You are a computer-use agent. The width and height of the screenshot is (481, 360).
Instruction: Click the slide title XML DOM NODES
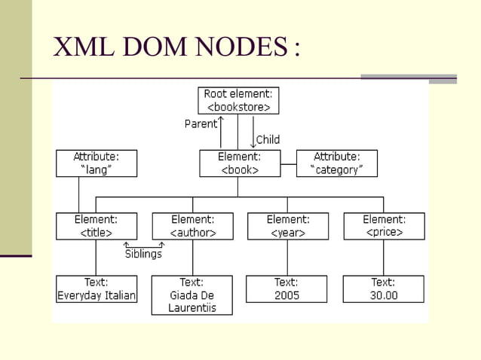pyautogui.click(x=176, y=47)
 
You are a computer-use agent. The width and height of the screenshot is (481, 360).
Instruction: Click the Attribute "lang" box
pyautogui.click(x=97, y=163)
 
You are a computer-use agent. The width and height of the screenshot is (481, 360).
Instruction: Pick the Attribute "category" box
pyautogui.click(x=336, y=163)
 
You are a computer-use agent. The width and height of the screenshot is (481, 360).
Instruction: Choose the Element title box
pyautogui.click(x=97, y=226)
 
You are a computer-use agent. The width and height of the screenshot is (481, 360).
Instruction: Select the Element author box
pyautogui.click(x=192, y=226)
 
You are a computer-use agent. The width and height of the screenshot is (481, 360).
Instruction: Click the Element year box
pyautogui.click(x=287, y=226)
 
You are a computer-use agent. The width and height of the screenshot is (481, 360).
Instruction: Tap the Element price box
pyautogui.click(x=384, y=226)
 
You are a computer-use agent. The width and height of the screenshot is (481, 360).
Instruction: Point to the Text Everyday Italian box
pyautogui.click(x=97, y=289)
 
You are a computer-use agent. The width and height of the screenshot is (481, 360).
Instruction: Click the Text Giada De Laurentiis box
pyautogui.click(x=192, y=295)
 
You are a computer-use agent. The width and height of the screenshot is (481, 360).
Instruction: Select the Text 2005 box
pyautogui.click(x=286, y=289)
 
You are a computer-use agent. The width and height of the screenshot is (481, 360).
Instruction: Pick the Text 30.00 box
pyautogui.click(x=383, y=289)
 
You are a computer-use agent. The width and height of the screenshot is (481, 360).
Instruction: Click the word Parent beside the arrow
pyautogui.click(x=200, y=124)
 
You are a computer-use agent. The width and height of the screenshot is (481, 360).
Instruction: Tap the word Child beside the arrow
pyautogui.click(x=268, y=139)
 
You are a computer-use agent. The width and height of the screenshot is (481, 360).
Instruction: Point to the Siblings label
pyautogui.click(x=143, y=255)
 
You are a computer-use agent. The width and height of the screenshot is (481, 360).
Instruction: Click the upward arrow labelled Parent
pyautogui.click(x=221, y=132)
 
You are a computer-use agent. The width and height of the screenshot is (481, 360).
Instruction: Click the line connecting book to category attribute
pyautogui.click(x=288, y=163)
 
